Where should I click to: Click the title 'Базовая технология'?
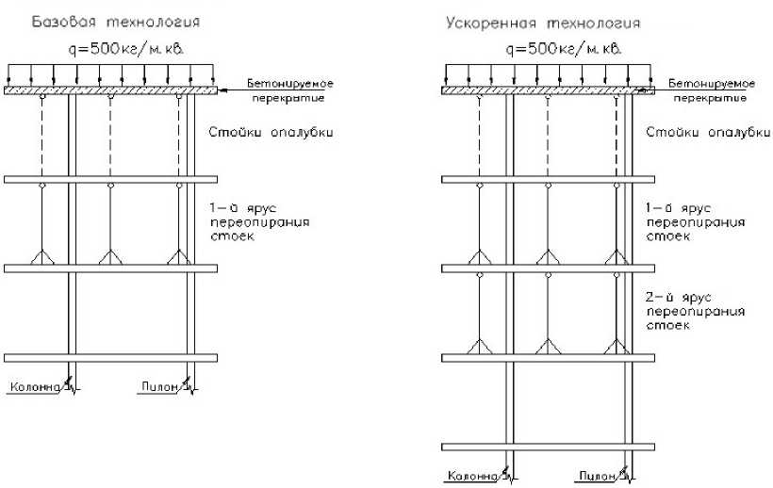115,21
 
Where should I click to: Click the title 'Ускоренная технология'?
544,21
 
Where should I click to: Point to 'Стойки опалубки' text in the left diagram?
271,132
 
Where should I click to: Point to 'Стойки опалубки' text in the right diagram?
707,132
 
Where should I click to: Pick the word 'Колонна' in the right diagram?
470,475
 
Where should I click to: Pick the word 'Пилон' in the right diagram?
598,475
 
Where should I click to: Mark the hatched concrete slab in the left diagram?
110,90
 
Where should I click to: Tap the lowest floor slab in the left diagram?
110,357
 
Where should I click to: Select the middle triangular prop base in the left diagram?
110,257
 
